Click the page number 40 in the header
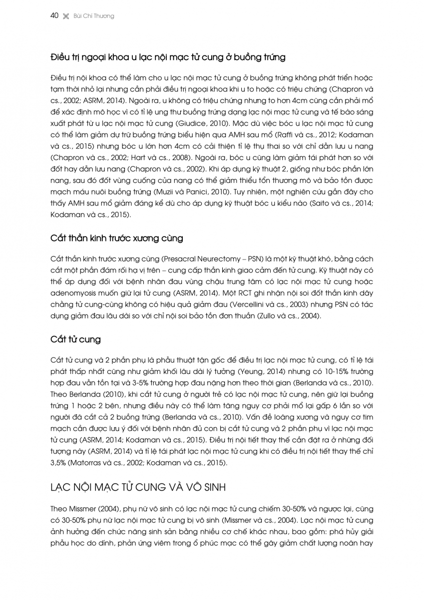click(x=55, y=16)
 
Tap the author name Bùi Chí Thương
click(x=94, y=16)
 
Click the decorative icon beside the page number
click(x=65, y=16)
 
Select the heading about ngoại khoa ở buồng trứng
click(x=168, y=57)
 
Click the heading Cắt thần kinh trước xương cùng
click(x=116, y=238)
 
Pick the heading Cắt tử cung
click(x=75, y=339)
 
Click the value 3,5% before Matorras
click(x=59, y=463)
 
